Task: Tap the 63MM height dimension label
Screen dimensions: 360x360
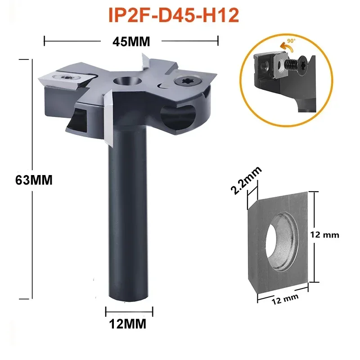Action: [35, 180]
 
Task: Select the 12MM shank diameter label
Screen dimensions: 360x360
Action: [130, 323]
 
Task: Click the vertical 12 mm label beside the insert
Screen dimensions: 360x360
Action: [328, 234]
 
